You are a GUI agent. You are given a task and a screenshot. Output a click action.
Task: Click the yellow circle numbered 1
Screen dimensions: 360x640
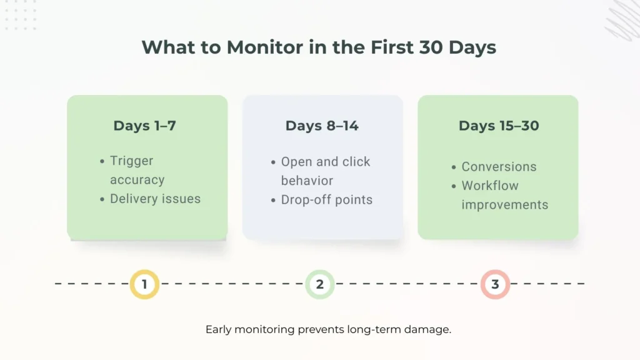pos(144,284)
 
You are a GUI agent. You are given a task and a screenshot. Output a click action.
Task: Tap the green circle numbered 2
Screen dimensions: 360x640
pos(320,284)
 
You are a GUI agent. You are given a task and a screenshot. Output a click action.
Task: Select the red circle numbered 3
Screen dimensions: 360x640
pos(495,284)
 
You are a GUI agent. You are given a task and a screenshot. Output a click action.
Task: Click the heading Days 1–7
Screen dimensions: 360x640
pos(144,126)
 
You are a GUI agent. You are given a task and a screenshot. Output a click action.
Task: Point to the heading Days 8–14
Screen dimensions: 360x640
pos(322,126)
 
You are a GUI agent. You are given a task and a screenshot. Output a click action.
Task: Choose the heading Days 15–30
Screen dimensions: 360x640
pos(498,126)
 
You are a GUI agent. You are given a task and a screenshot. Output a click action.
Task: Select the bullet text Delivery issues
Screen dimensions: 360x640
pos(155,199)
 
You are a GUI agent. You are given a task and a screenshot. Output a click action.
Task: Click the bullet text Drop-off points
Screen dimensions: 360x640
pos(326,200)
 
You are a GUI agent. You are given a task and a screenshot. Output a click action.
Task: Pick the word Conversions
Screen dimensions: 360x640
pos(499,167)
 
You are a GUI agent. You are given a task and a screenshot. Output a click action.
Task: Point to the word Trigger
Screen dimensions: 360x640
pos(131,161)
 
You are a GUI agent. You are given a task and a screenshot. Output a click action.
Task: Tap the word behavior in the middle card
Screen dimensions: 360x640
pos(307,181)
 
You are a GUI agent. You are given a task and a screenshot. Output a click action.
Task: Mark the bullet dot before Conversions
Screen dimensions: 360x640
pos(454,167)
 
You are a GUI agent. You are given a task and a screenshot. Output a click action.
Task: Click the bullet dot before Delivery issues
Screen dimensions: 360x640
pos(102,199)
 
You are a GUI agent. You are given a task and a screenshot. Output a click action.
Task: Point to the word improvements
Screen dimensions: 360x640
pos(504,204)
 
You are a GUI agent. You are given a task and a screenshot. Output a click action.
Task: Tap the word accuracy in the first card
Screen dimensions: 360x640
pos(137,179)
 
